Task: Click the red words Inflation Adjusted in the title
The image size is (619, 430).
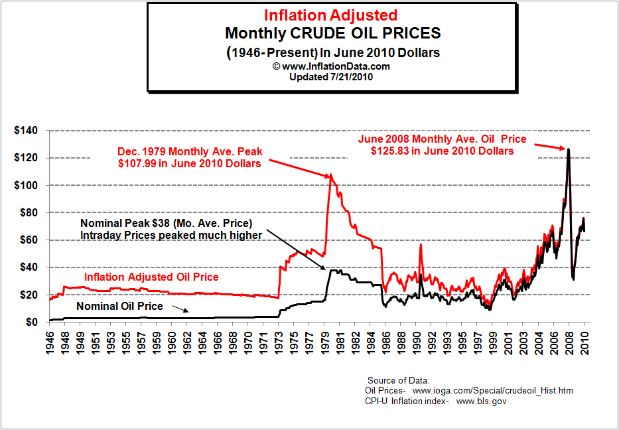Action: tap(331, 15)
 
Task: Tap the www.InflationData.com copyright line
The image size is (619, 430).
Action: tap(331, 66)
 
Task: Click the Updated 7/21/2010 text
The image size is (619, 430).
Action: tap(331, 76)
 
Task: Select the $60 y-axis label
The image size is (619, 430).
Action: tap(27, 240)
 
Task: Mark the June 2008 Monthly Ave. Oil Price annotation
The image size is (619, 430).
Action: tap(442, 145)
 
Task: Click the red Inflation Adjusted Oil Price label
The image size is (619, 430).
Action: tap(151, 277)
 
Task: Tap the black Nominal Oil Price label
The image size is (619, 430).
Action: tap(119, 307)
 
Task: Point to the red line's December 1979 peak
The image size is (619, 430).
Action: tap(331, 175)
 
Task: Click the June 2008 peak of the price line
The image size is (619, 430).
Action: tap(568, 149)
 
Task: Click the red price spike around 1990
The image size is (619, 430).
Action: tap(420, 245)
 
